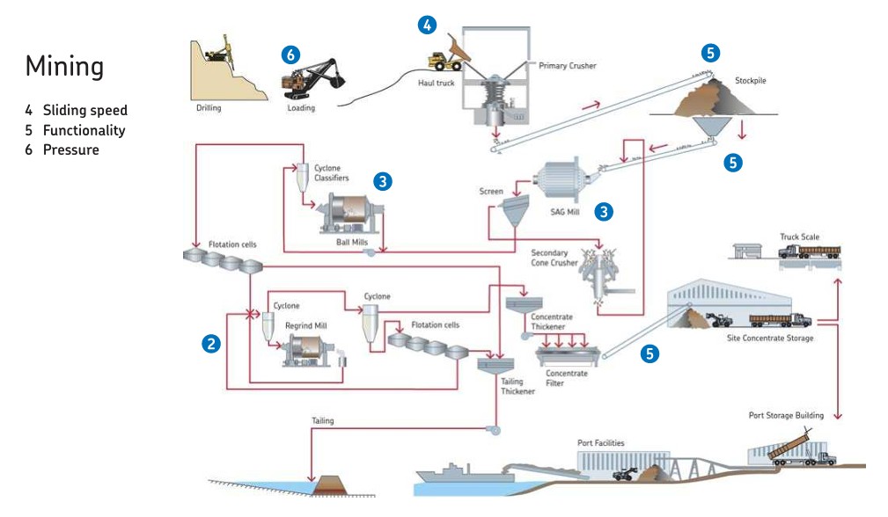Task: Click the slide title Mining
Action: tap(64, 66)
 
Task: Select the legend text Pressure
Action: tap(70, 149)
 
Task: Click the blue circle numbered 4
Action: tap(426, 25)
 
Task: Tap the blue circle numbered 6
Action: tap(290, 55)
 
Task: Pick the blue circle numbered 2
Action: tap(210, 344)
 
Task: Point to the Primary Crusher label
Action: tap(567, 66)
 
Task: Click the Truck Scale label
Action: tap(799, 237)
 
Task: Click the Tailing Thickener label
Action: tap(517, 387)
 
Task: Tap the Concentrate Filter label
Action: tap(566, 378)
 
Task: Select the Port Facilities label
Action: tap(601, 443)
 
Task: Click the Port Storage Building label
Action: tap(786, 415)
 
